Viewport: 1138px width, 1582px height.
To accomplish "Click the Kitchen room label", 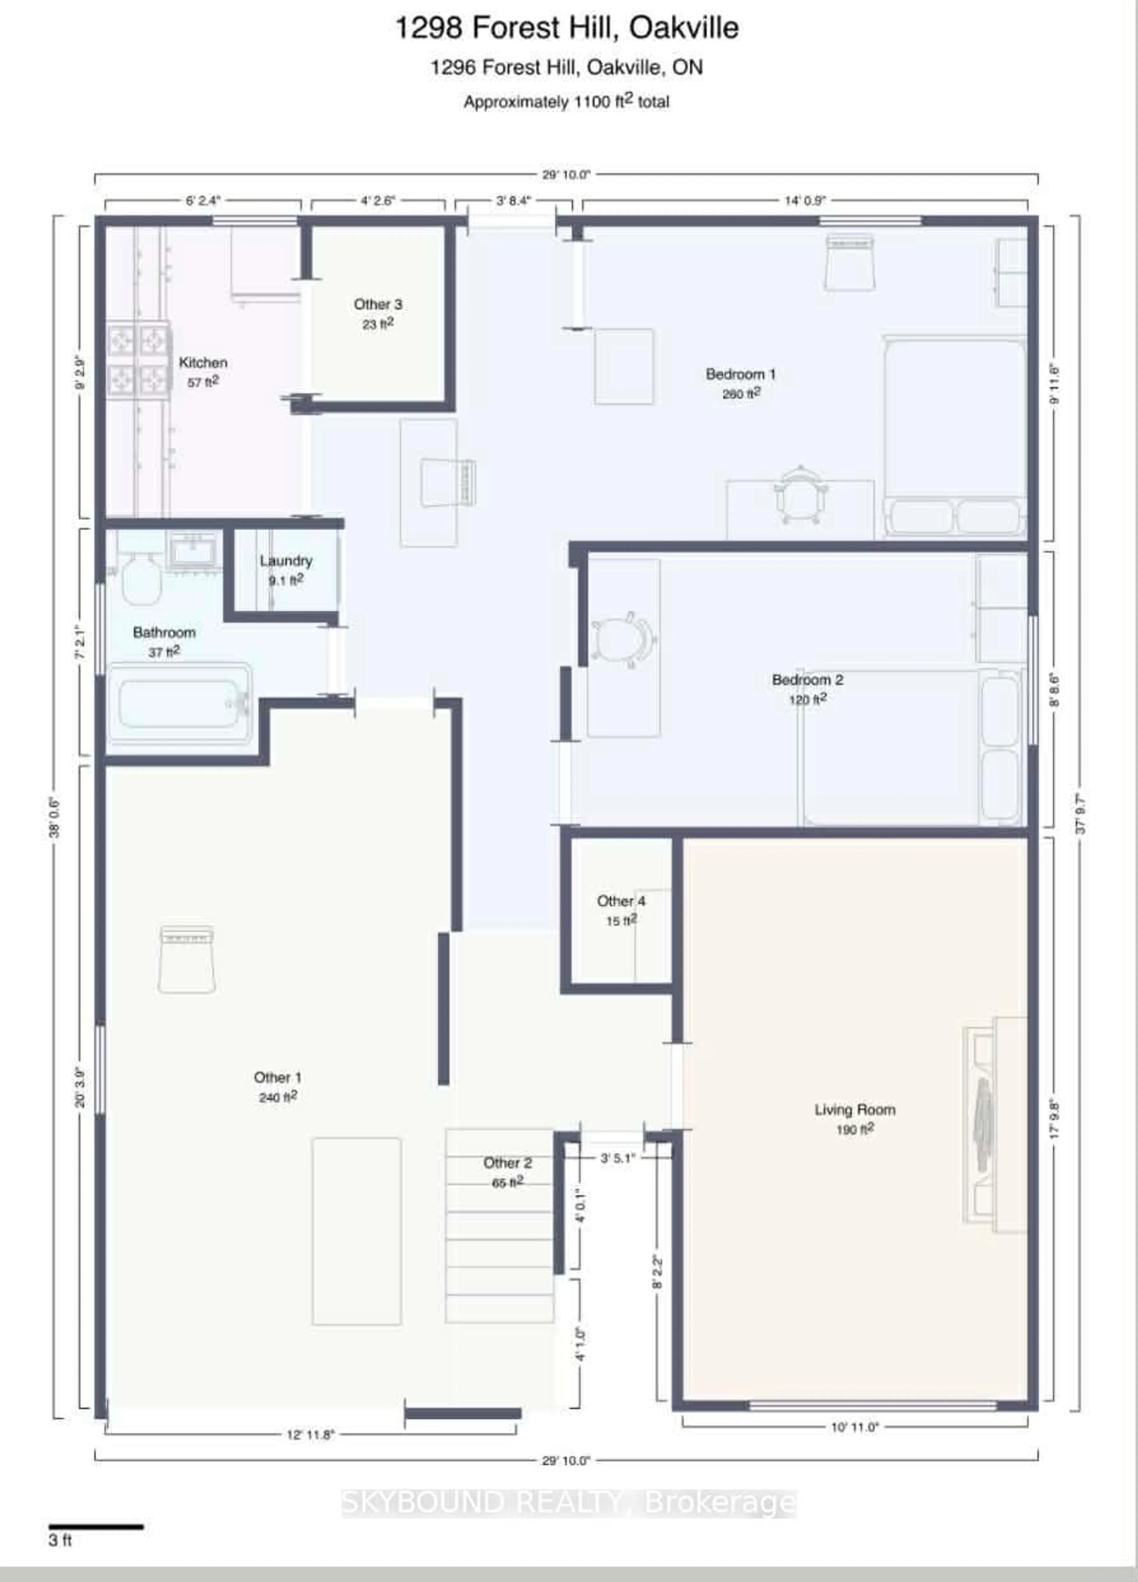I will tap(203, 363).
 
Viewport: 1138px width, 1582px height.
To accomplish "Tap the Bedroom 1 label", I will tap(740, 375).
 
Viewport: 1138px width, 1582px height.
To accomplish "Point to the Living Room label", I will tap(855, 1110).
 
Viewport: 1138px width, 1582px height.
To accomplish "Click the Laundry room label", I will tap(286, 561).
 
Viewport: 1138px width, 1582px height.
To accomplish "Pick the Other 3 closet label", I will tap(378, 305).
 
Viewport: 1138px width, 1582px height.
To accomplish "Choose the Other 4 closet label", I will tap(621, 901).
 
